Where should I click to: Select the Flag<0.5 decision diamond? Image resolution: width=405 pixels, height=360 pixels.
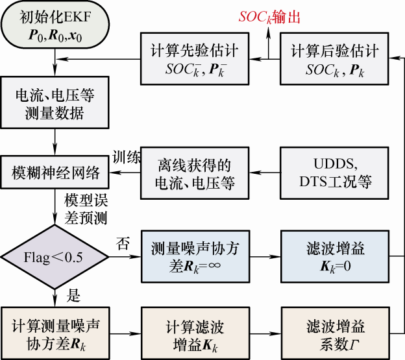pos(55,258)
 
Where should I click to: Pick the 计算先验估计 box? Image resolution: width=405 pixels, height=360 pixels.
pos(195,59)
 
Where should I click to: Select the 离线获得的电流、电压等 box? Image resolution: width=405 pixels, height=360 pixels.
pos(195,173)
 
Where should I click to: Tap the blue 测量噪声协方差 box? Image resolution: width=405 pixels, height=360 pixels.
pos(195,257)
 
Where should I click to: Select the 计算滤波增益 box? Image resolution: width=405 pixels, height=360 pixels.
pos(195,333)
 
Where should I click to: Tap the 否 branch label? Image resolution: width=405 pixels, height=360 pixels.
pos(121,244)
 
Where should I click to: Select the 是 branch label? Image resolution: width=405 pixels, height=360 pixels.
pos(73,297)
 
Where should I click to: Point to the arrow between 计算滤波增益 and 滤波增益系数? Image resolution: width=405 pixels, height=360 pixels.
pos(266,333)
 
